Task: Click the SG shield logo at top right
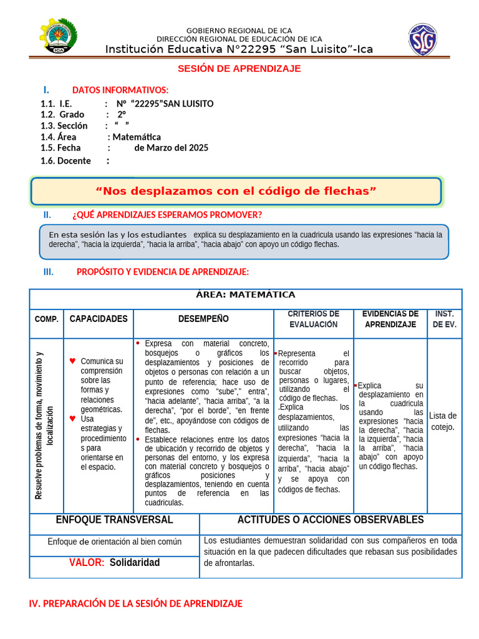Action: point(422,39)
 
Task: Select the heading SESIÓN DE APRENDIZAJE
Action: point(239,69)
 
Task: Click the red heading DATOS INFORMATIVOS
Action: point(120,90)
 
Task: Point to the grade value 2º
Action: point(121,115)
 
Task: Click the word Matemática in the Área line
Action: point(137,137)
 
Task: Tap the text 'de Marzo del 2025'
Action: point(171,149)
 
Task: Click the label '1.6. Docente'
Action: point(65,161)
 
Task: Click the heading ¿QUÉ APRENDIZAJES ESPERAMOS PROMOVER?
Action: point(167,215)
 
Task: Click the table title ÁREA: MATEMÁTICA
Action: point(245,295)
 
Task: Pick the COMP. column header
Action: point(46,319)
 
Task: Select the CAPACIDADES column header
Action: point(99,319)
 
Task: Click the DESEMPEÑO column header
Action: point(203,319)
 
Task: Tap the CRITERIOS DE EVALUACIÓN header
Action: point(313,319)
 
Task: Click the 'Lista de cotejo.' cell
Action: point(443,421)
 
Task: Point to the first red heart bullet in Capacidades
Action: point(72,361)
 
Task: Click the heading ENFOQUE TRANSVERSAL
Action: point(114,520)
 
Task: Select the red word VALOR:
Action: point(87,563)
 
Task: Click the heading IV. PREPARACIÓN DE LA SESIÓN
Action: point(136,604)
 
